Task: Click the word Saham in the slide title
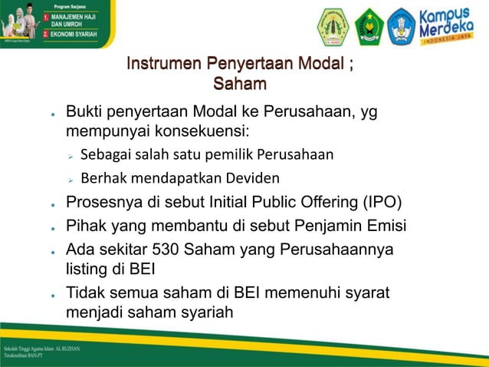tap(240, 82)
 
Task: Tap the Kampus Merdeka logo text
tap(448, 26)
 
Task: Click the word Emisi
tap(384, 226)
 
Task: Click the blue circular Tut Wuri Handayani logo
tap(401, 27)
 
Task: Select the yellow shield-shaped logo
tap(333, 27)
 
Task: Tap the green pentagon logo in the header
tap(369, 27)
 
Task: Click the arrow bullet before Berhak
tap(69, 179)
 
